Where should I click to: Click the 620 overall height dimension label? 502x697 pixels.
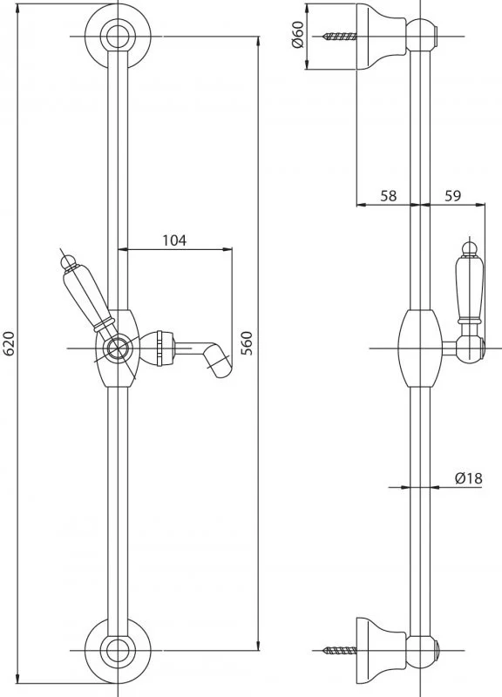click(10, 343)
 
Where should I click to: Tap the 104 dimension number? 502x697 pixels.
click(173, 240)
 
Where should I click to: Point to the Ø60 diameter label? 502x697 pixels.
click(297, 34)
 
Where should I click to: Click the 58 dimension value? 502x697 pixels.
click(388, 195)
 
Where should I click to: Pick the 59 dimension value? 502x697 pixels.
click(452, 195)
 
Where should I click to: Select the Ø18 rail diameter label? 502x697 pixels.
click(468, 478)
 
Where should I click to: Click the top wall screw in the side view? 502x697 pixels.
click(340, 37)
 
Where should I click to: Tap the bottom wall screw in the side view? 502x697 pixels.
click(340, 651)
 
